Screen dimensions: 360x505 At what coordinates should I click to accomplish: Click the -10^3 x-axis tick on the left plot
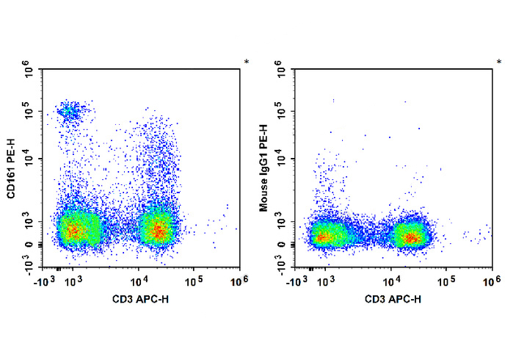45,281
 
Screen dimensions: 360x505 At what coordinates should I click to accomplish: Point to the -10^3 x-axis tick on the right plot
297,281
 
